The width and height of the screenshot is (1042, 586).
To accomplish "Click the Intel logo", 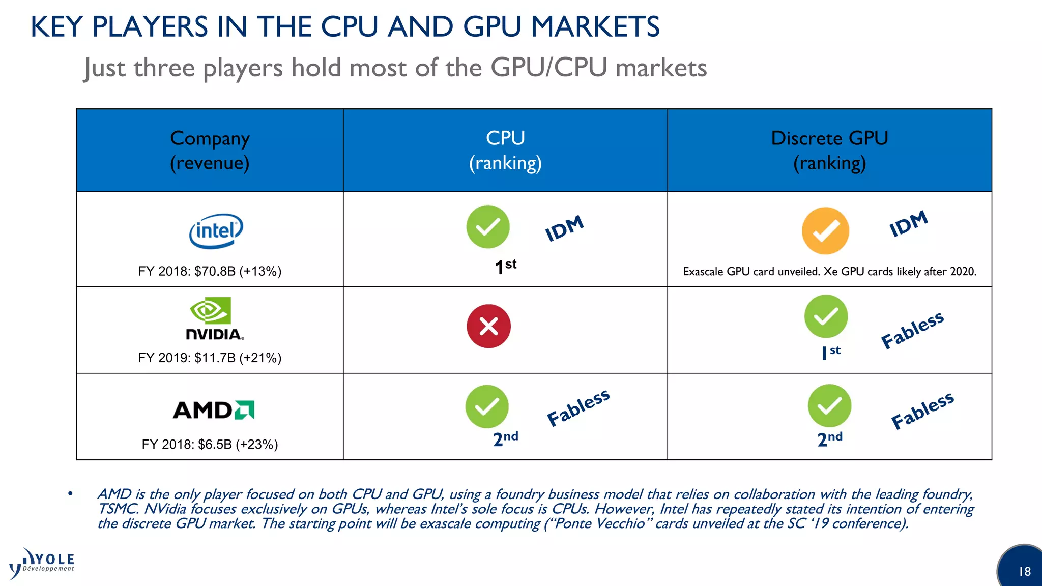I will click(x=216, y=231).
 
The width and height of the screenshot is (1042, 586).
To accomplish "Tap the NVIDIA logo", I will click(x=214, y=319).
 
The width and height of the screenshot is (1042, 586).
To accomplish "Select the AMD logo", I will click(x=214, y=410).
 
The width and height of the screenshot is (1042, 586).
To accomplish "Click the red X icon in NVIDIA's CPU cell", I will click(x=488, y=326).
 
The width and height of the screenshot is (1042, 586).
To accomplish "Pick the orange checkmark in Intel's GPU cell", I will click(x=825, y=230).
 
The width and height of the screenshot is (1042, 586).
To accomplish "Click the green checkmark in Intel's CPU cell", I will click(x=487, y=227).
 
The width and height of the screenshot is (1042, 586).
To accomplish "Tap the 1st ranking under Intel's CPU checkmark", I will click(x=505, y=266).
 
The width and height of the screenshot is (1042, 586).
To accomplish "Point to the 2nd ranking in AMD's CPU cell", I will click(x=505, y=438).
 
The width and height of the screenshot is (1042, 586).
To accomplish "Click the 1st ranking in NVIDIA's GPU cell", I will click(x=830, y=352).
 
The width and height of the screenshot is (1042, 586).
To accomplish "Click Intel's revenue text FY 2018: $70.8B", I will click(x=210, y=271).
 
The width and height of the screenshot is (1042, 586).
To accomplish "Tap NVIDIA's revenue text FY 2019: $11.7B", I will click(x=210, y=358).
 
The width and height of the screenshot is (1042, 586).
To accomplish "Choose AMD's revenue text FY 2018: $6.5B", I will click(x=210, y=444).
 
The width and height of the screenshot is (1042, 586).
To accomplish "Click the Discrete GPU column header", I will click(x=829, y=151).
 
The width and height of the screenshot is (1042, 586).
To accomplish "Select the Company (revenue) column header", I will click(x=210, y=151).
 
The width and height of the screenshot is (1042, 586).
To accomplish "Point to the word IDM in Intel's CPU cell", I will click(x=564, y=228).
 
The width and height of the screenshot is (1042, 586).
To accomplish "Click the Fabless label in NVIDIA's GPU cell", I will click(x=912, y=331).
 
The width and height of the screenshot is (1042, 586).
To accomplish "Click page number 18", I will click(x=1024, y=572).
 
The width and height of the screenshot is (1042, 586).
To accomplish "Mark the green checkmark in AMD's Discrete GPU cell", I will click(x=829, y=405).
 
